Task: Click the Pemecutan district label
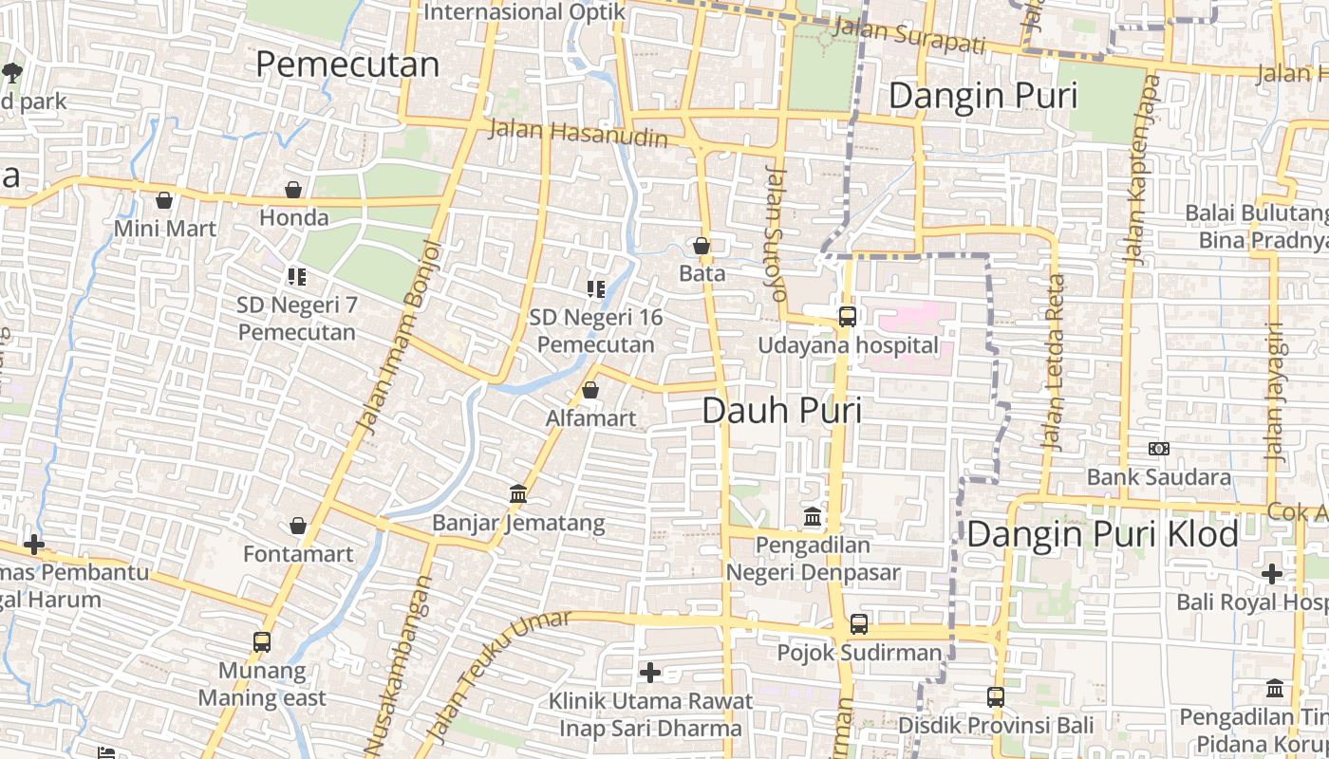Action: tap(347, 65)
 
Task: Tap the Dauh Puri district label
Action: tap(782, 411)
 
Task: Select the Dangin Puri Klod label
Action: tap(1102, 534)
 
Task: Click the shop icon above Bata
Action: tap(702, 247)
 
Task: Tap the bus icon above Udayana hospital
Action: tap(847, 317)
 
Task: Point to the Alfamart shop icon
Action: tap(590, 391)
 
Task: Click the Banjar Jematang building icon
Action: tap(518, 494)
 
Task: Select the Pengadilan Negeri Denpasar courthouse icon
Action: tap(813, 517)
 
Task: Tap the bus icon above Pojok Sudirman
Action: tap(858, 624)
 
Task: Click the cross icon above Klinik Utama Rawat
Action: tap(650, 674)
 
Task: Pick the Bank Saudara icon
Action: tap(1159, 449)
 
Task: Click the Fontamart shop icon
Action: tap(298, 527)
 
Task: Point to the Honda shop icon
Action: tap(293, 191)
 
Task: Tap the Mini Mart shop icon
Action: tap(164, 201)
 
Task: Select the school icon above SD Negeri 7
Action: tap(297, 277)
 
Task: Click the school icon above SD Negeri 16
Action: tap(596, 289)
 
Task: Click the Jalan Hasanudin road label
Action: tap(578, 134)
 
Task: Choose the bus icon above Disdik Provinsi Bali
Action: tap(995, 697)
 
